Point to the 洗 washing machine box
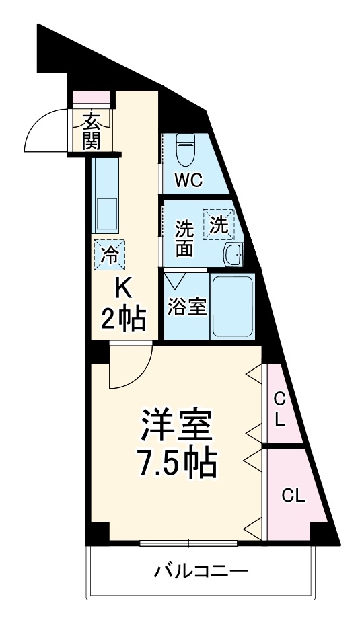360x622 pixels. [x=219, y=224]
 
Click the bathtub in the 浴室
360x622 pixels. [x=232, y=305]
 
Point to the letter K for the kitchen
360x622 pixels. [x=123, y=288]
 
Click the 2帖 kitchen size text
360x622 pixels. [x=123, y=319]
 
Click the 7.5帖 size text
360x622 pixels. [x=176, y=463]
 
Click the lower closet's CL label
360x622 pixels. [x=293, y=497]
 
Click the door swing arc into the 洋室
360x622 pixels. [x=131, y=366]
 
